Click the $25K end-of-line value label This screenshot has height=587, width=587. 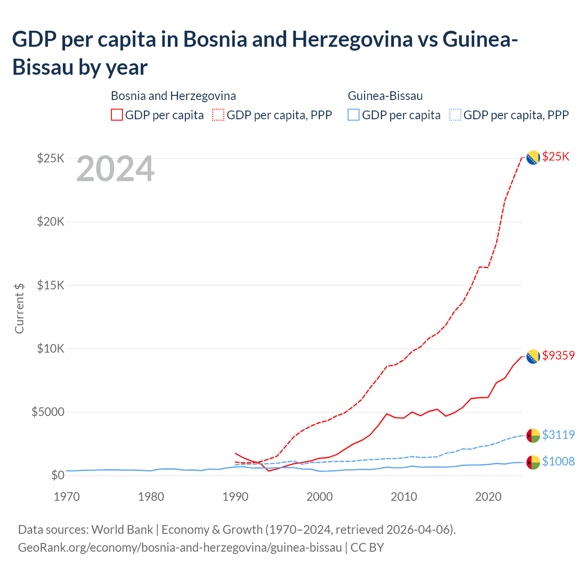click(x=555, y=157)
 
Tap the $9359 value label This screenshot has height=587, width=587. click(x=558, y=355)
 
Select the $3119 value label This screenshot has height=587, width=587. click(x=558, y=435)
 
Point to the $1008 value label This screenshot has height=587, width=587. click(x=558, y=461)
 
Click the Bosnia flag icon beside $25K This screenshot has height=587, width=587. click(x=532, y=157)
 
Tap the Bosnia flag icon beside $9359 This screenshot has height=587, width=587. click(x=532, y=356)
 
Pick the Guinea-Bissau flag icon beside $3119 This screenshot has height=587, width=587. click(x=532, y=435)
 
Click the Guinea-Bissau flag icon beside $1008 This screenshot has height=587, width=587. click(x=532, y=462)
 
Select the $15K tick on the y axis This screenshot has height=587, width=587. click(x=51, y=285)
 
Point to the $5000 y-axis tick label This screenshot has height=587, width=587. click(x=48, y=412)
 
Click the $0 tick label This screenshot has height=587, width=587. click(x=57, y=475)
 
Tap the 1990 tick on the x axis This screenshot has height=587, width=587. click(x=235, y=497)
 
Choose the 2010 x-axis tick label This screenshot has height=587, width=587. click(x=404, y=497)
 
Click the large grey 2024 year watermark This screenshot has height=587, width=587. click(x=115, y=169)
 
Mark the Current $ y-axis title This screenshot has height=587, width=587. click(x=19, y=308)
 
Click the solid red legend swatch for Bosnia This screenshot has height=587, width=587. click(x=117, y=115)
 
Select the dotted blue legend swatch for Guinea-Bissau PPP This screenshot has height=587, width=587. click(x=455, y=115)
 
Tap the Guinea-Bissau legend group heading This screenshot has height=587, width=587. click(x=385, y=96)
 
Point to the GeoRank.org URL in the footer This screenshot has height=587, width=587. click(x=180, y=548)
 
